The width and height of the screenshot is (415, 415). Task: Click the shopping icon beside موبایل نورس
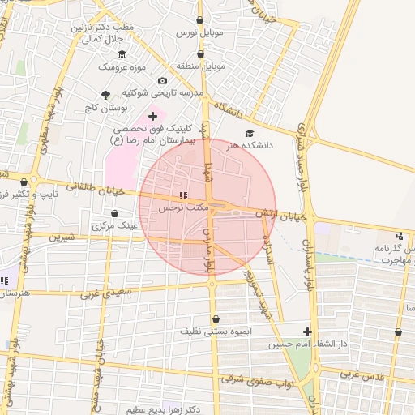[200, 20]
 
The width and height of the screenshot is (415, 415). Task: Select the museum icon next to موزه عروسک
[122, 54]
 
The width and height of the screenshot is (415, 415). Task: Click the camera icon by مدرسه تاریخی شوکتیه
[163, 81]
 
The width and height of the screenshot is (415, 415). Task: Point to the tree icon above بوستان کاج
[106, 95]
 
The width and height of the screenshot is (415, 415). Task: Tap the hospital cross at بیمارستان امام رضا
[152, 117]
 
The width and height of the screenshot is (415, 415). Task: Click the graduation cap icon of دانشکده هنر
[249, 133]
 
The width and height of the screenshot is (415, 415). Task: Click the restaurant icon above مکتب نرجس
[183, 195]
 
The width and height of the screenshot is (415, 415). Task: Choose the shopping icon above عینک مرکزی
[115, 213]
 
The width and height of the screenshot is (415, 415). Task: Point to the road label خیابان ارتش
[285, 215]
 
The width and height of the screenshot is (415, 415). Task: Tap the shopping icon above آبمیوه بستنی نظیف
[215, 319]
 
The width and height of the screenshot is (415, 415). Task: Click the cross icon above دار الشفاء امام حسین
[307, 331]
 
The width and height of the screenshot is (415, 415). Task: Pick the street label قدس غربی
[360, 374]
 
